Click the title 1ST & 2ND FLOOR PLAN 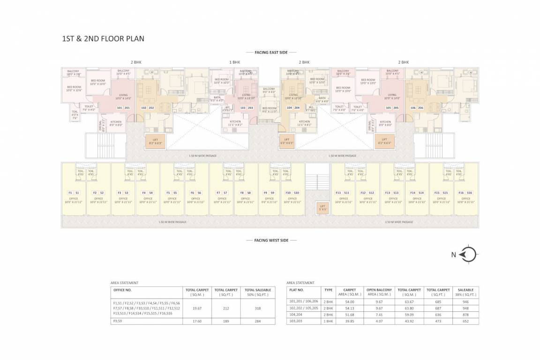pyautogui.click(x=103, y=38)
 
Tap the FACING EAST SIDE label pyautogui.click(x=270, y=52)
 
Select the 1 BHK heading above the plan pyautogui.click(x=234, y=62)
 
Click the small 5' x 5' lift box pyautogui.click(x=322, y=207)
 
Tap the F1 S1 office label pyautogui.click(x=74, y=193)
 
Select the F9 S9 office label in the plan pyautogui.click(x=269, y=193)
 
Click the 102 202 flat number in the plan pyautogui.click(x=148, y=108)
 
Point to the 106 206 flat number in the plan pyautogui.click(x=417, y=108)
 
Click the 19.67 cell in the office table pyautogui.click(x=197, y=309)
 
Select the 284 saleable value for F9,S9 pyautogui.click(x=257, y=321)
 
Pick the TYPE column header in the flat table pyautogui.click(x=328, y=290)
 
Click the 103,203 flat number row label pyautogui.click(x=297, y=321)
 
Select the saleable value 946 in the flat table pyautogui.click(x=465, y=302)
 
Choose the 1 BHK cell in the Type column pyautogui.click(x=328, y=321)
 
